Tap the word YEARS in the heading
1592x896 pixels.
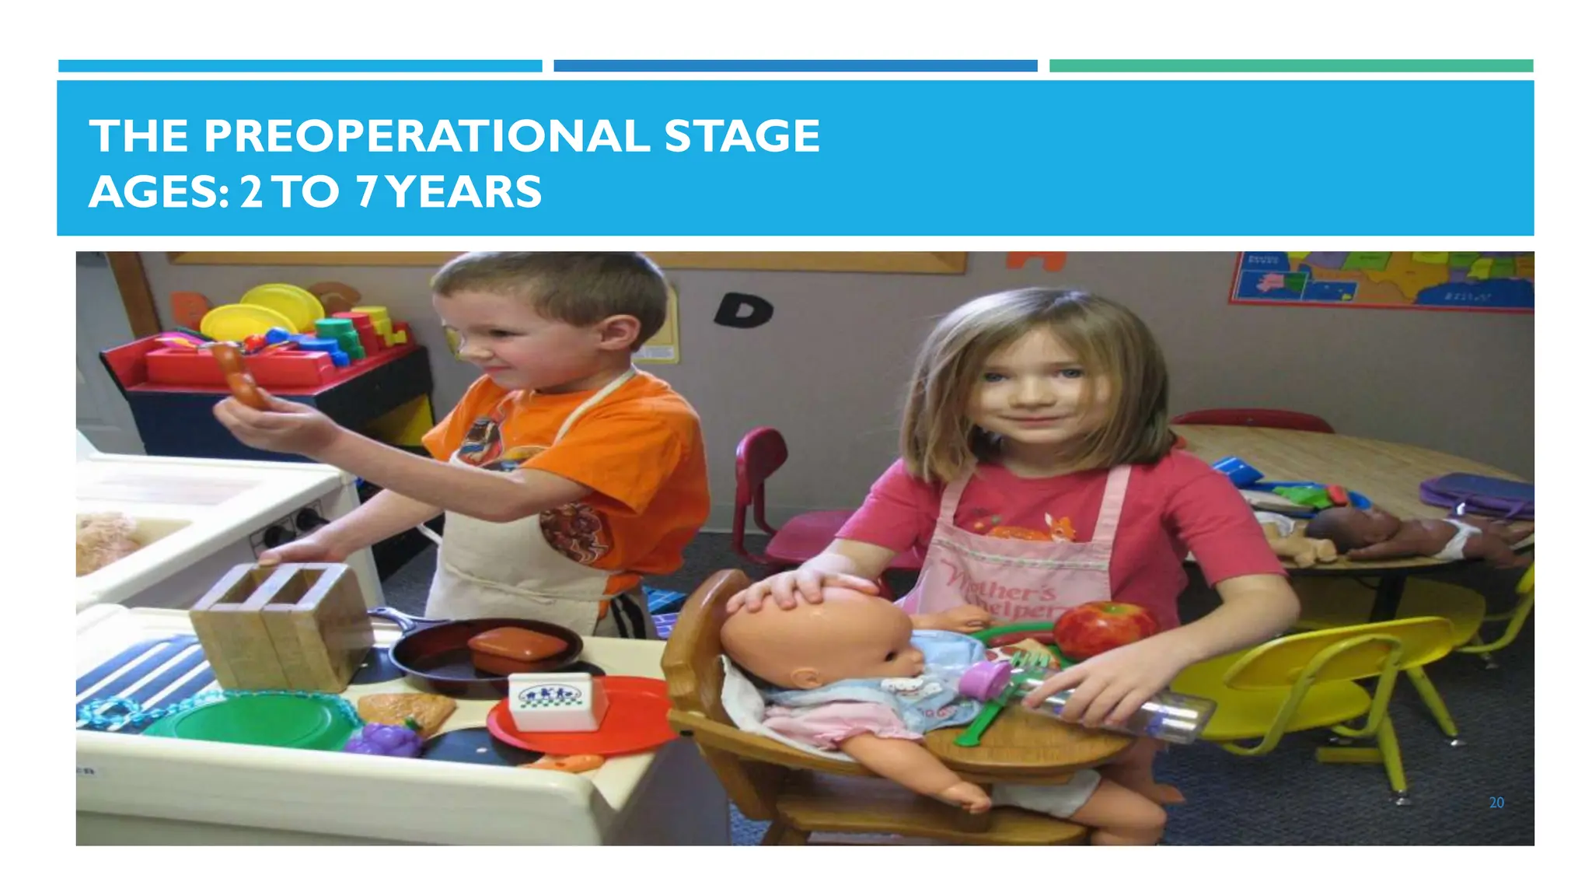pos(464,192)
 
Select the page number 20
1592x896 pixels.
pos(1496,803)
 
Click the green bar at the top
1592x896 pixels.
pos(1290,66)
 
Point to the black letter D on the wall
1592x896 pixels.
pos(742,310)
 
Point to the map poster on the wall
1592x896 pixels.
pos(1380,279)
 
